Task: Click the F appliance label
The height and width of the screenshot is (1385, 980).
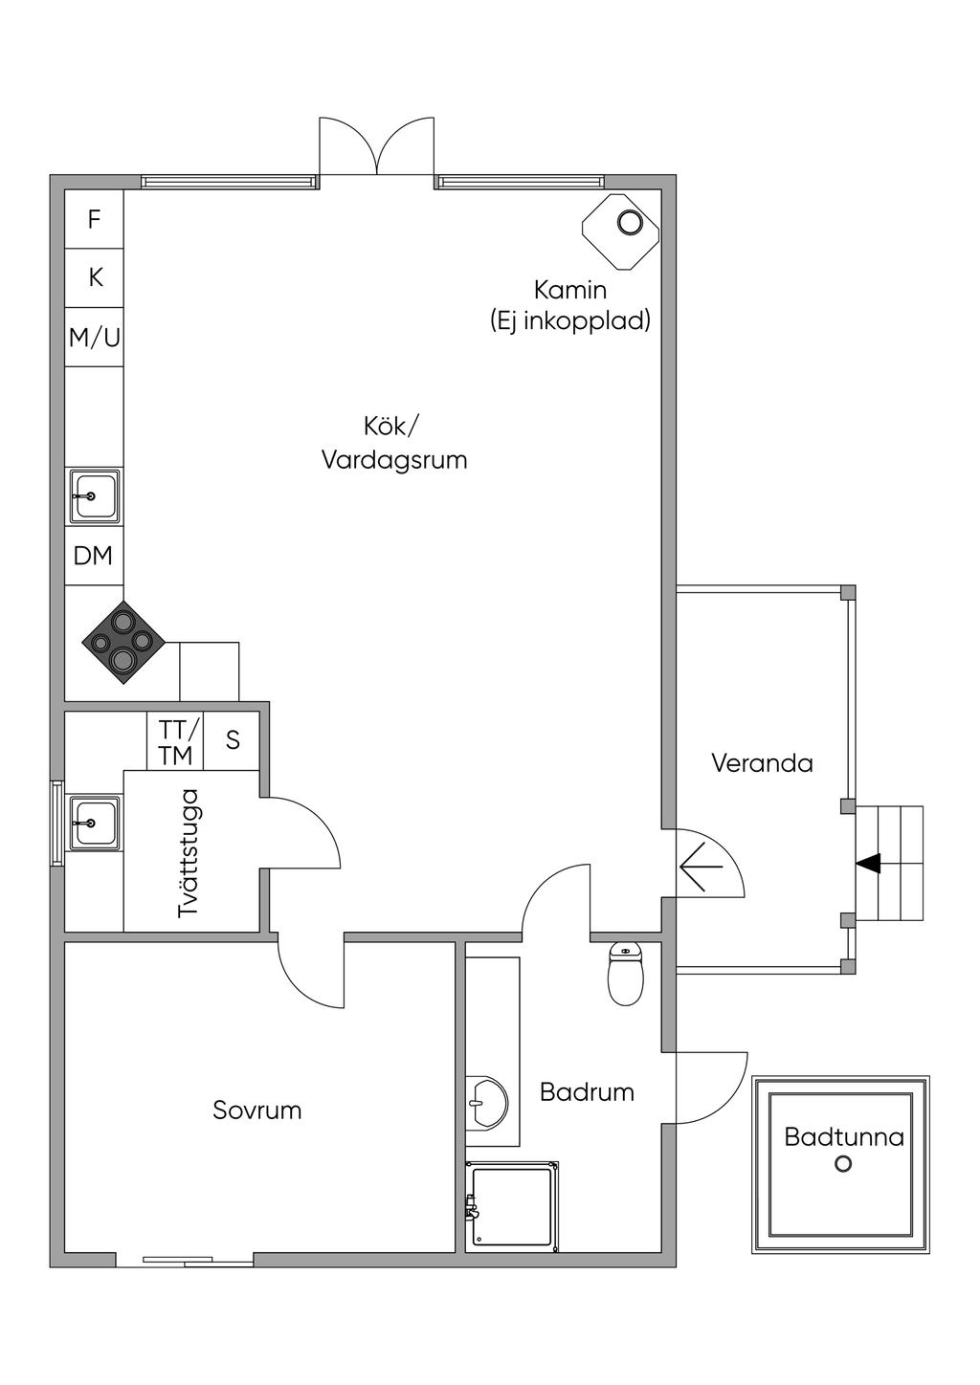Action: coord(94,219)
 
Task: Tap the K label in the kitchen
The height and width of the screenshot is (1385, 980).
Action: coord(96,277)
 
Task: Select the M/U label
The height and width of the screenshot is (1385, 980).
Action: coord(94,338)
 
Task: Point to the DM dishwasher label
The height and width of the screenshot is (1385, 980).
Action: coord(94,556)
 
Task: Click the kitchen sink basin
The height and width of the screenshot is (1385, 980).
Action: coord(94,495)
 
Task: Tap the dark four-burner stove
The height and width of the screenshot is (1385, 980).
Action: coord(123,643)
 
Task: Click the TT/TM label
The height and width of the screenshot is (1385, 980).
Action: coord(175,742)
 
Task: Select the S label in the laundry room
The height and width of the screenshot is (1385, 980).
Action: coord(233,739)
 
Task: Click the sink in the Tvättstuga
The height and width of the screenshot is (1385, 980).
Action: coord(94,823)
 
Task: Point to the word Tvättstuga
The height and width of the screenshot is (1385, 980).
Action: coord(189,853)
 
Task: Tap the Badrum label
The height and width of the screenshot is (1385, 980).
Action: coord(587,1092)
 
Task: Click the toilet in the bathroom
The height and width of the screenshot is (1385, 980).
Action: coord(626,974)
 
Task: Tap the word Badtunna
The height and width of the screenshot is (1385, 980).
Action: coord(844,1137)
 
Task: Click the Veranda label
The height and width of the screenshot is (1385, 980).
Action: coord(762,763)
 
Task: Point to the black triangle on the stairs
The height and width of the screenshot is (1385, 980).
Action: coord(869,863)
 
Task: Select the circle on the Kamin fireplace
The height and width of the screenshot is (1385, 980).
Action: coord(630,222)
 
